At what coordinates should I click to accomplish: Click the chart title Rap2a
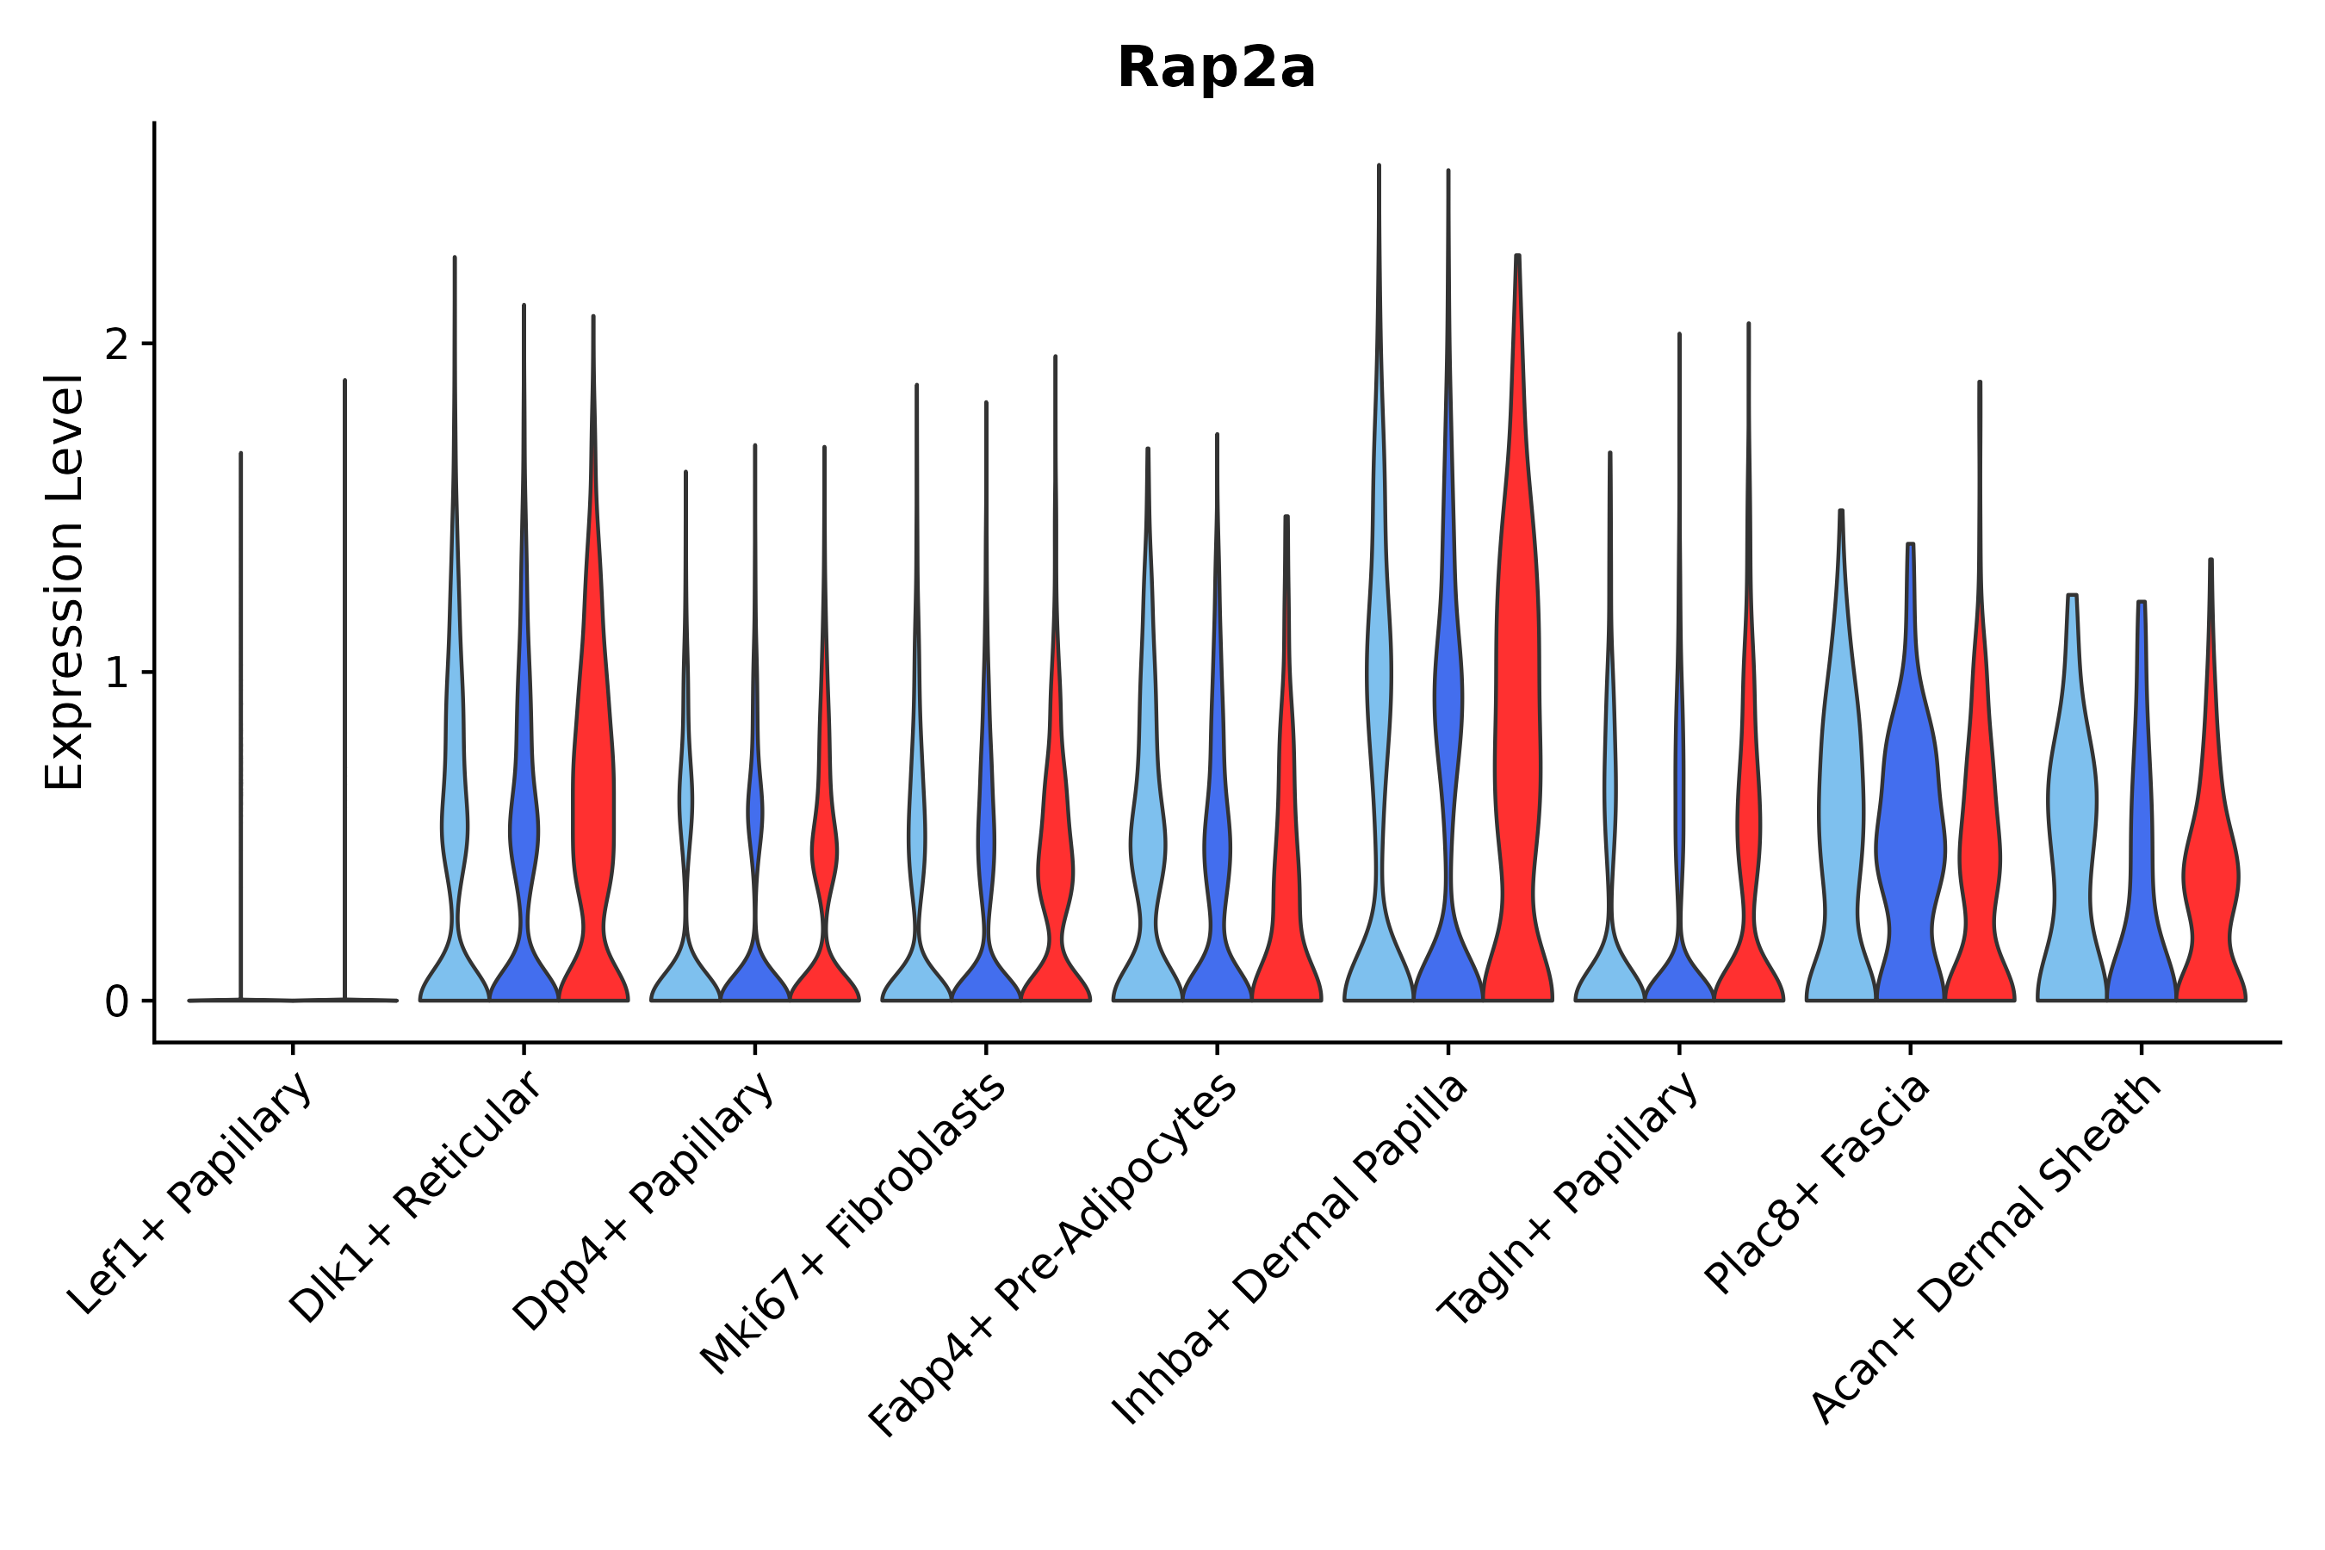click(x=1216, y=69)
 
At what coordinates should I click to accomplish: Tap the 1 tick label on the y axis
click(x=116, y=673)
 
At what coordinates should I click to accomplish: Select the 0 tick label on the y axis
click(x=116, y=1002)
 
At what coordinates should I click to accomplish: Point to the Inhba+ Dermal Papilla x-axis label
click(x=1290, y=1249)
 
